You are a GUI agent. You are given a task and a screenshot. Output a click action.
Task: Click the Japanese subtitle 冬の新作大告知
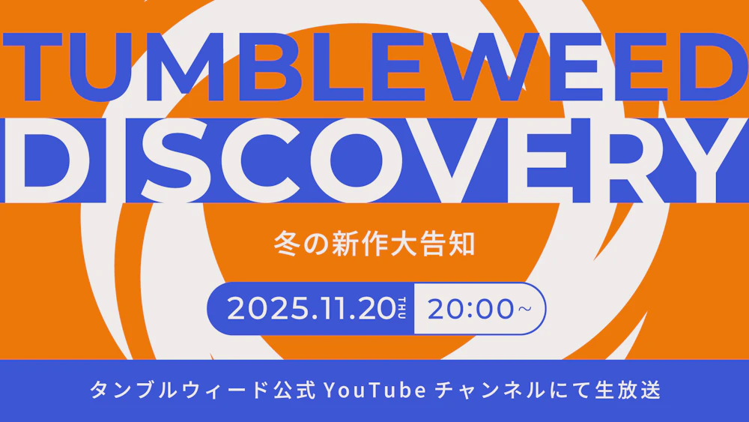click(x=374, y=245)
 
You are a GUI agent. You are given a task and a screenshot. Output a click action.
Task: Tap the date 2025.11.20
click(x=310, y=308)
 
